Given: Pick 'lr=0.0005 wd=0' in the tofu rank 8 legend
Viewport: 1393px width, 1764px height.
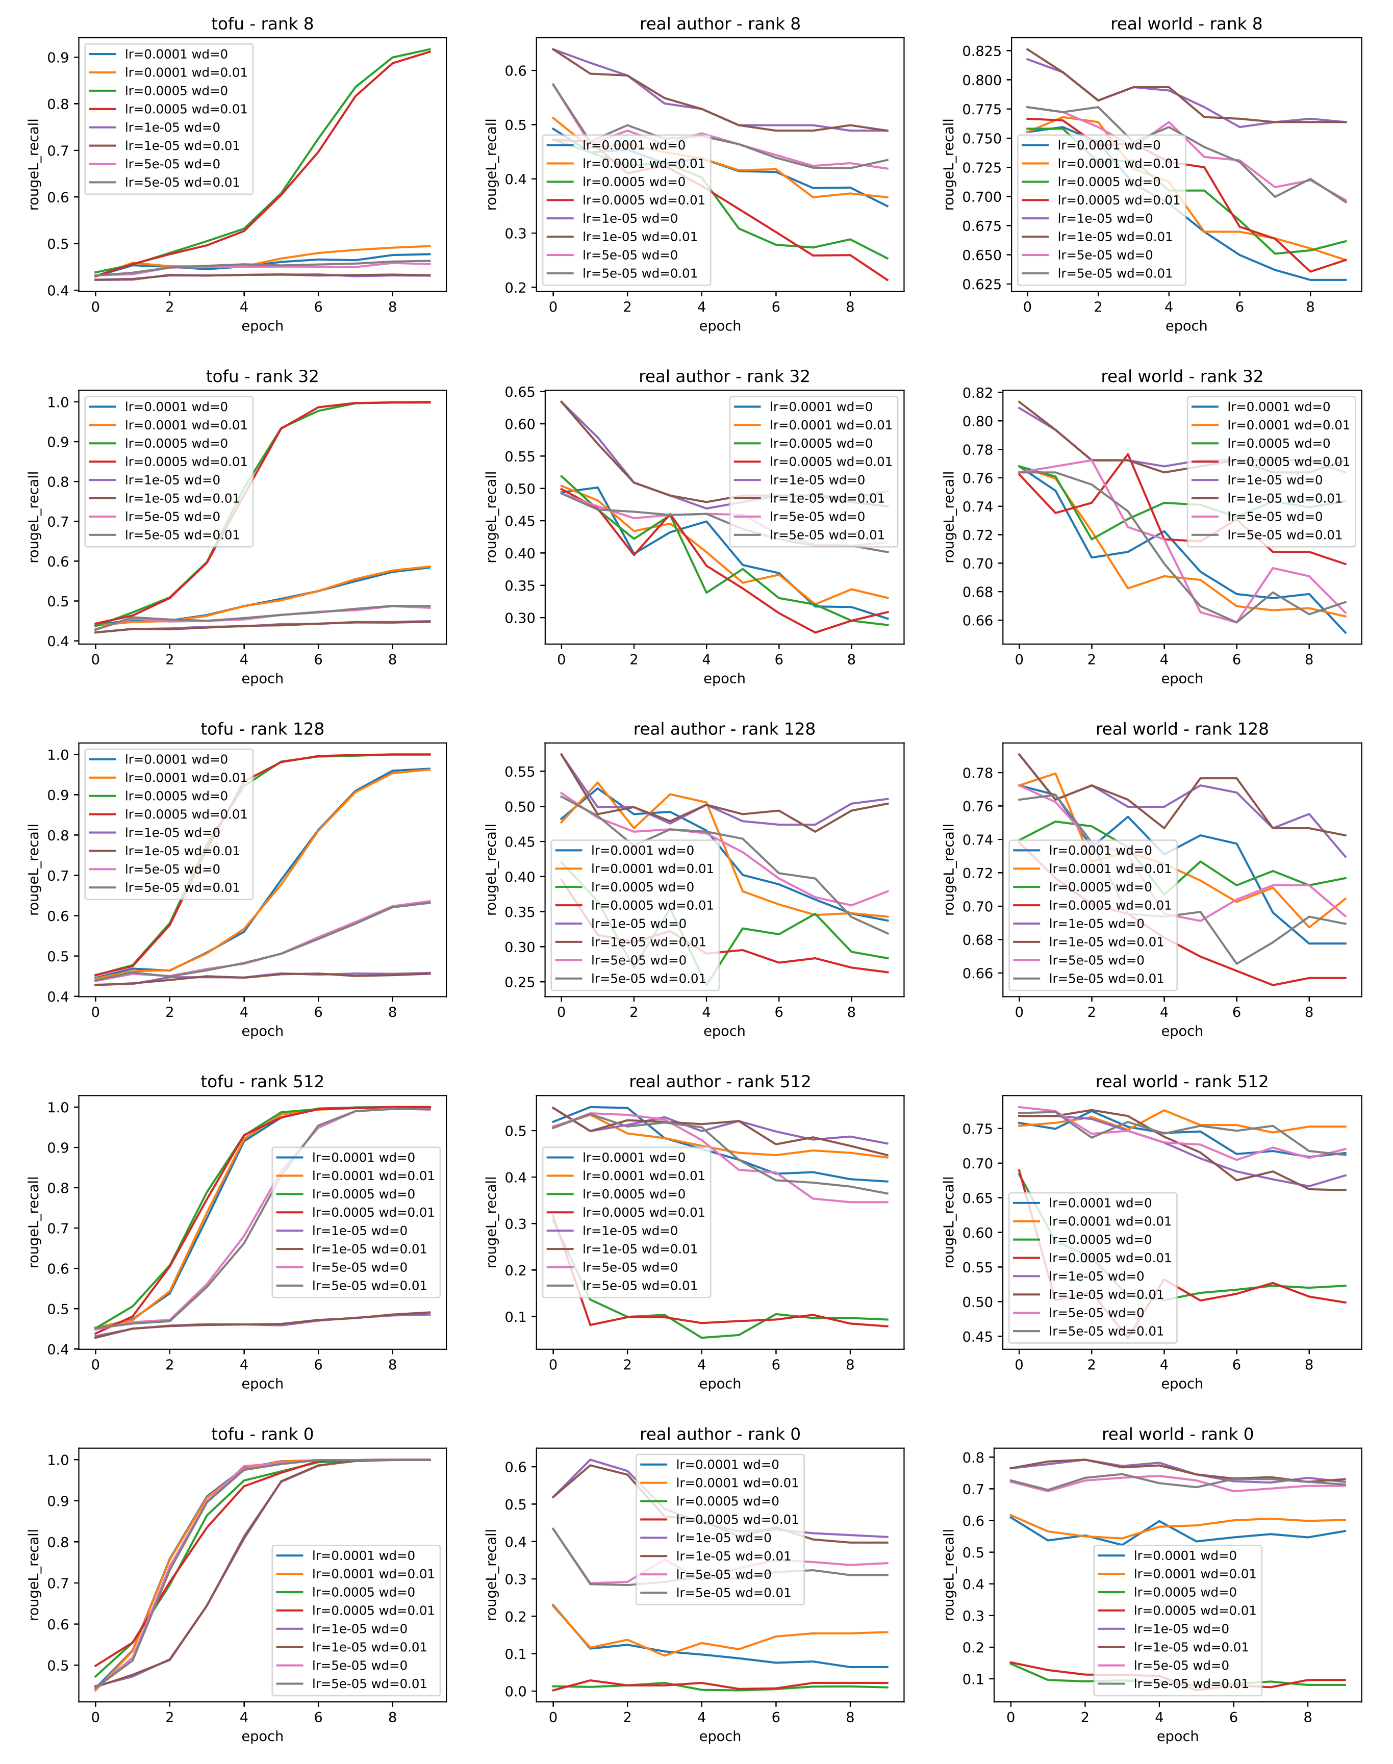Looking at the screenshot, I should (176, 91).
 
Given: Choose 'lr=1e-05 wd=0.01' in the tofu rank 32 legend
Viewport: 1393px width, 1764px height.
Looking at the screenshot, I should (182, 498).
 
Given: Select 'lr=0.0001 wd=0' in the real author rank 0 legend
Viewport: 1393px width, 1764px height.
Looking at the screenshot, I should (727, 1464).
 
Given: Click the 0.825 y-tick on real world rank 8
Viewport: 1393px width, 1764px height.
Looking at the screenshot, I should (981, 50).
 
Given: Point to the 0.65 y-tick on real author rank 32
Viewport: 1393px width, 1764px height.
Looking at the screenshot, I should (519, 392).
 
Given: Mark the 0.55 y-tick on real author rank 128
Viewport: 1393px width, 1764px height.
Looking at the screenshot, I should (519, 772).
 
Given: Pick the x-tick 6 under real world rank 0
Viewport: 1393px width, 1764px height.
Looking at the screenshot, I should (1233, 1717).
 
